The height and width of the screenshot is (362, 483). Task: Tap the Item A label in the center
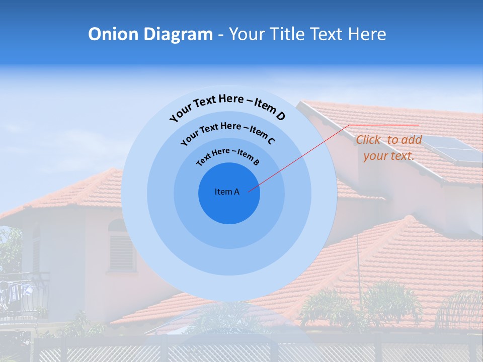pyautogui.click(x=227, y=192)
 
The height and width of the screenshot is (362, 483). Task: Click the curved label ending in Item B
pyautogui.click(x=228, y=156)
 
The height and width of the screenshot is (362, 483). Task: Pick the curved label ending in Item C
pyautogui.click(x=227, y=132)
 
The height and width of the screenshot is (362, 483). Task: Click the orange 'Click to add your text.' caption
pyautogui.click(x=389, y=148)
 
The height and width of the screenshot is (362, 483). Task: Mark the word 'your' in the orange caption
pyautogui.click(x=375, y=156)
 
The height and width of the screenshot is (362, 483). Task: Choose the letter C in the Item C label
pyautogui.click(x=271, y=140)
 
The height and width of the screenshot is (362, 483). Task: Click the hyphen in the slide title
pyautogui.click(x=221, y=34)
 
